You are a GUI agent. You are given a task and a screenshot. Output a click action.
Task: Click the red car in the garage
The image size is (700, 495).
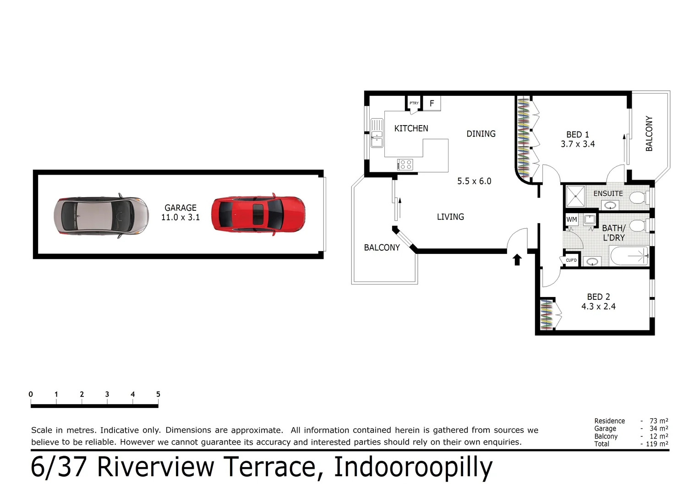[258, 214]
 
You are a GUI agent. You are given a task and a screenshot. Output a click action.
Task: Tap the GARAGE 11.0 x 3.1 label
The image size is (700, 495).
[180, 213]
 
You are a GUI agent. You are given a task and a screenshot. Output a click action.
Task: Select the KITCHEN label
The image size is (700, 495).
[411, 129]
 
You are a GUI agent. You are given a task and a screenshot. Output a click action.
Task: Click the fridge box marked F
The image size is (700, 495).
[432, 104]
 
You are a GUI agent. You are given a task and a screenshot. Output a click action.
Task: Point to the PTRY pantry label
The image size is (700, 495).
[414, 103]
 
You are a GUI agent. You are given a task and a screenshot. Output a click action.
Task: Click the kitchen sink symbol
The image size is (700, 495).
[377, 133]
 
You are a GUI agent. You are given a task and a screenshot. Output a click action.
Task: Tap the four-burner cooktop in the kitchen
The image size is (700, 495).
[405, 164]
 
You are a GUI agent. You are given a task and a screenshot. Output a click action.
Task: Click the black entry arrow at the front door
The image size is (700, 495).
[517, 260]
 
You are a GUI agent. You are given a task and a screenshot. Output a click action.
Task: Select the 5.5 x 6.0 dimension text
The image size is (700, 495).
[474, 181]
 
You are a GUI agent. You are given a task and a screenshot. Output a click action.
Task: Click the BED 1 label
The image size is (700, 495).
[578, 135]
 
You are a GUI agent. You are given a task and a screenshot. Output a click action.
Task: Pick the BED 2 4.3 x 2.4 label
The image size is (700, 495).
[598, 302]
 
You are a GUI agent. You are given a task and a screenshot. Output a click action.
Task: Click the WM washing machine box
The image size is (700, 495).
[572, 220]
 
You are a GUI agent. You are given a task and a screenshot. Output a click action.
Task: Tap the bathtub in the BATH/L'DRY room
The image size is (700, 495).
[629, 256]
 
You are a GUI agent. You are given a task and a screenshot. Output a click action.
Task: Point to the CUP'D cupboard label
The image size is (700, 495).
[571, 260]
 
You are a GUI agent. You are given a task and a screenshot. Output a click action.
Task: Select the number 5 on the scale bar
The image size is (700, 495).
[158, 394]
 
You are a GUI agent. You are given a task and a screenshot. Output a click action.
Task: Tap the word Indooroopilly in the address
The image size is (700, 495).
[413, 467]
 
